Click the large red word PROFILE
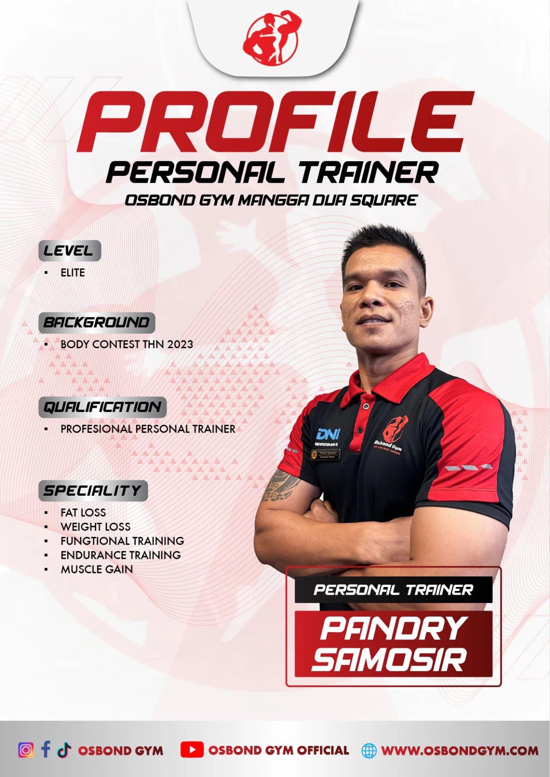pyautogui.click(x=275, y=121)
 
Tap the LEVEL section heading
pyautogui.click(x=69, y=251)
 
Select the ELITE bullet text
pyautogui.click(x=72, y=273)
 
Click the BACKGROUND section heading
pyautogui.click(x=97, y=323)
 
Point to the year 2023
pyautogui.click(x=180, y=344)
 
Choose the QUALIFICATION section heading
pyautogui.click(x=102, y=407)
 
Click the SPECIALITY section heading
pyautogui.click(x=93, y=491)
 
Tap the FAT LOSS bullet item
pyautogui.click(x=83, y=512)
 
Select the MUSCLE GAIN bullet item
pyautogui.click(x=97, y=569)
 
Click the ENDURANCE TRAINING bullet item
pyautogui.click(x=121, y=555)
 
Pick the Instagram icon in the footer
pyautogui.click(x=26, y=750)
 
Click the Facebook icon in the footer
pyautogui.click(x=45, y=749)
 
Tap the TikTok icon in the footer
pyautogui.click(x=64, y=750)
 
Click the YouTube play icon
pyautogui.click(x=192, y=750)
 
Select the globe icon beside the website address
pyautogui.click(x=369, y=750)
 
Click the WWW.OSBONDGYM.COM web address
pyautogui.click(x=460, y=750)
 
